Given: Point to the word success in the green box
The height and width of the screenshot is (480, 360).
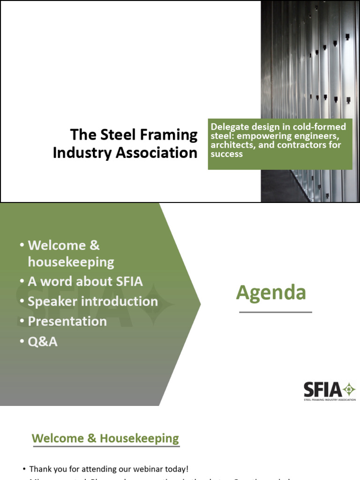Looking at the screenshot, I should (x=227, y=154).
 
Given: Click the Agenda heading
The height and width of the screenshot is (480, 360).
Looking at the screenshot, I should (x=271, y=292).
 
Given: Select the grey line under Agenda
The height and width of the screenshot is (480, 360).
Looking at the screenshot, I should (x=275, y=312).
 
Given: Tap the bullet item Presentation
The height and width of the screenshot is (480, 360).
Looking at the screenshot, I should (x=67, y=321).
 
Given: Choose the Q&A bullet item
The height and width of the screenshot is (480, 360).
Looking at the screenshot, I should (x=43, y=342).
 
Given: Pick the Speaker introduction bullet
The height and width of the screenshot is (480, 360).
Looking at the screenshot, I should (x=93, y=301).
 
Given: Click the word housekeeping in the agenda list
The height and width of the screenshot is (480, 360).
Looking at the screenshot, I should (x=71, y=262).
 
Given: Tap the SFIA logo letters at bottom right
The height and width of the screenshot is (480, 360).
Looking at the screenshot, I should (x=323, y=390).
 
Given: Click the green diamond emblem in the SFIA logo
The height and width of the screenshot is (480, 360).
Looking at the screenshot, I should (x=349, y=389).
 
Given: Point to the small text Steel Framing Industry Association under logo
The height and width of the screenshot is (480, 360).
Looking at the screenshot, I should (x=330, y=400).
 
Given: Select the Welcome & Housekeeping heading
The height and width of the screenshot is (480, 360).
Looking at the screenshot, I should (x=105, y=439).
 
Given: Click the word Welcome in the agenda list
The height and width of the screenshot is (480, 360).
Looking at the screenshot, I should (x=57, y=245).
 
